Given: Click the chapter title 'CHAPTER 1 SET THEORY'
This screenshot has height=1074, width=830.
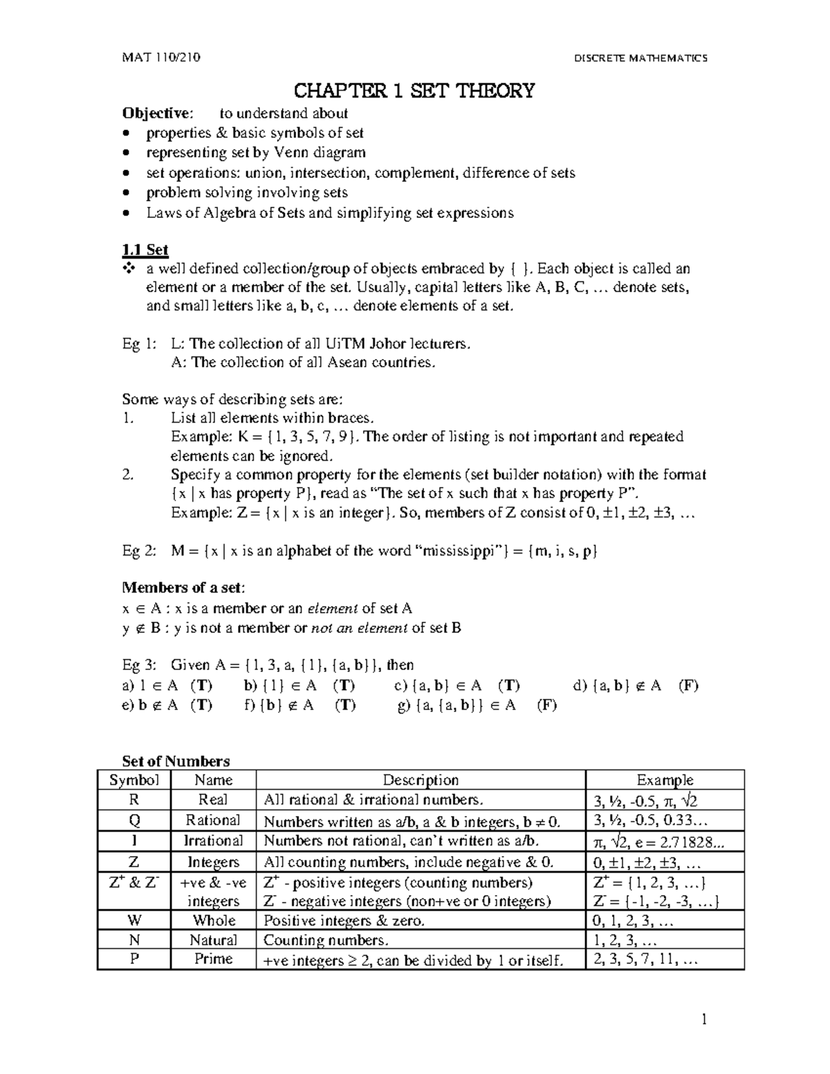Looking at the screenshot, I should click(x=414, y=91).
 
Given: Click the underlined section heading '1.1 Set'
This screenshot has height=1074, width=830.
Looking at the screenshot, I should click(x=145, y=250).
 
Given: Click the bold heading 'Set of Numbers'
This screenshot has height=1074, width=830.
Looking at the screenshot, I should click(x=176, y=761).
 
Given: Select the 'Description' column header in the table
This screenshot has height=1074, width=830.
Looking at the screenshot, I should click(x=421, y=780).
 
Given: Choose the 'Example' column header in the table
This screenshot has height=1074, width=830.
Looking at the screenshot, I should click(x=665, y=780).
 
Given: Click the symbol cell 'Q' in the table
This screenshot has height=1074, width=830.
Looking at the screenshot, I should click(x=134, y=820).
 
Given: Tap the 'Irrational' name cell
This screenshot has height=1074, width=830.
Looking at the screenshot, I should click(x=213, y=841).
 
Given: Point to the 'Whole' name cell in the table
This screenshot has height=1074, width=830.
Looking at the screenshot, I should click(x=214, y=920).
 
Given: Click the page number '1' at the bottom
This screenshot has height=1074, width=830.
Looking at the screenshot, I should click(x=704, y=1019).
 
